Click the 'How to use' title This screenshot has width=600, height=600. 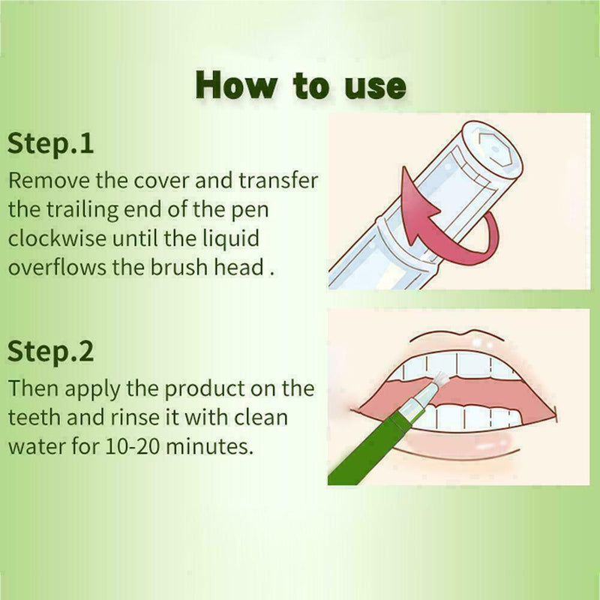coord(301,85)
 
